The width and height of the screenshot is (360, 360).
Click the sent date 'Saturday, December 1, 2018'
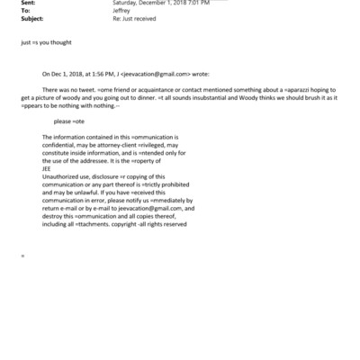point(143,4)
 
